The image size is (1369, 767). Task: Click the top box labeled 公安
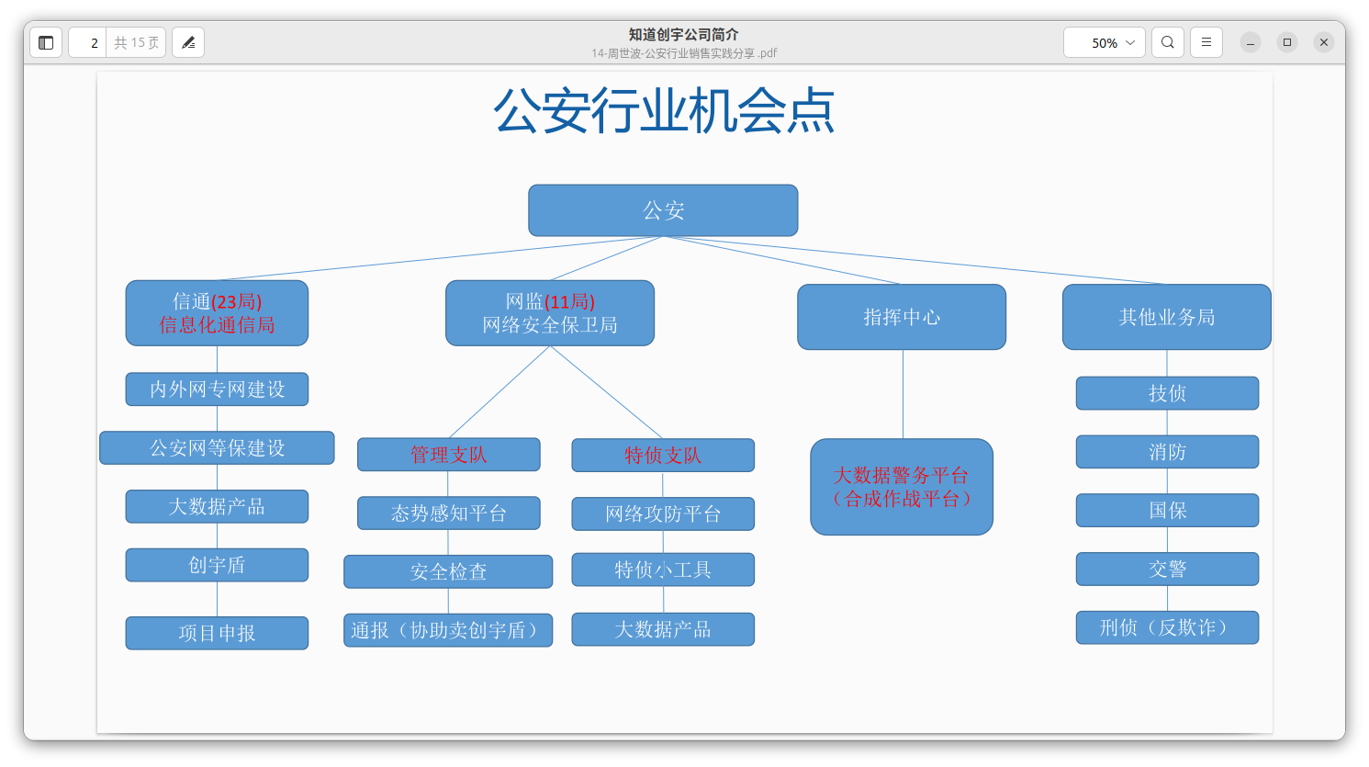(663, 210)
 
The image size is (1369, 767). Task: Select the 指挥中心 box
(902, 317)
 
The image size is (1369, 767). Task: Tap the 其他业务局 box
(1166, 317)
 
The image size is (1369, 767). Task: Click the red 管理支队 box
(448, 455)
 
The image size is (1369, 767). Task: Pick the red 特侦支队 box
(663, 456)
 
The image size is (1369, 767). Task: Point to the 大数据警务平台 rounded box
(902, 487)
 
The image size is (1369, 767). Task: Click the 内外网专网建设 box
(217, 389)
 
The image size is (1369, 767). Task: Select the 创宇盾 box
(217, 565)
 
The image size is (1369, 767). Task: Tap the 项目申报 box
(217, 633)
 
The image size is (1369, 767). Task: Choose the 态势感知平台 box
(448, 513)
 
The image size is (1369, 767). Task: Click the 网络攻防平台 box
(663, 514)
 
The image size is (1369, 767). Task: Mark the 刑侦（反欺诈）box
(1167, 627)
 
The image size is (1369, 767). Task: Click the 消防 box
(1167, 452)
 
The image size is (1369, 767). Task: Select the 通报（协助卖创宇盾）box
(448, 630)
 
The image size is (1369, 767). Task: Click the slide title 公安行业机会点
(663, 111)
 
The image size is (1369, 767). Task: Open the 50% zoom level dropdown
(1105, 42)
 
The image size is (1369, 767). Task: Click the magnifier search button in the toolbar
(1167, 42)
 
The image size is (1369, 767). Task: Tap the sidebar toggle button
(46, 42)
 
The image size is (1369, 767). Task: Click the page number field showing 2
(88, 42)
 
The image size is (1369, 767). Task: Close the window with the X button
(1323, 42)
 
